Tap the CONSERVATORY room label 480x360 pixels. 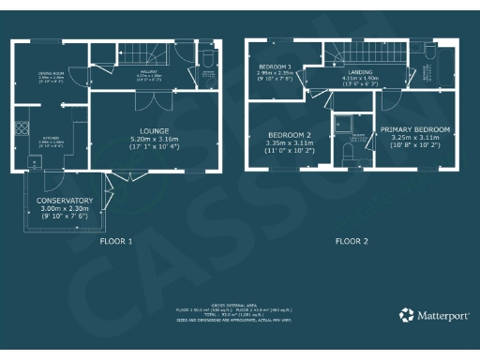[x=65, y=201]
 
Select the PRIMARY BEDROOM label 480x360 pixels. [x=414, y=128]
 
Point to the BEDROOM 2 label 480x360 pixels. [x=290, y=134]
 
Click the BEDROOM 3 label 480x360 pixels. [x=275, y=67]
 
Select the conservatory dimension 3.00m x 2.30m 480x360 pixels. [x=65, y=209]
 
